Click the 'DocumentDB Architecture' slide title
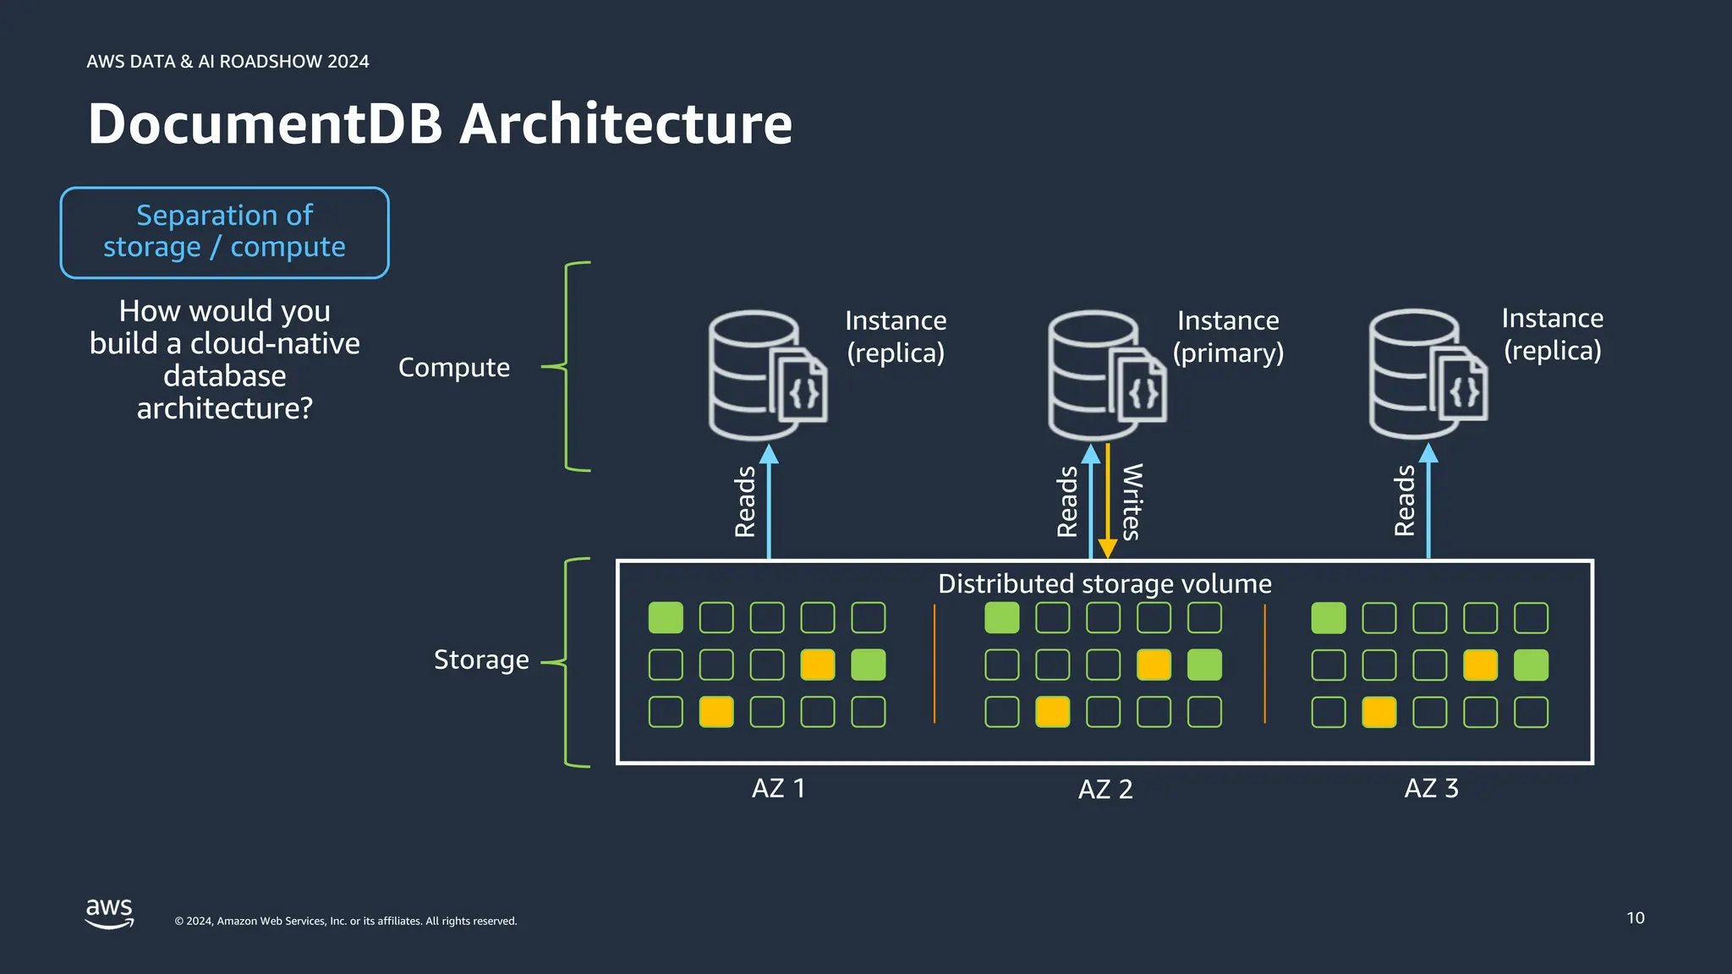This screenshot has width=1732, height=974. tap(440, 124)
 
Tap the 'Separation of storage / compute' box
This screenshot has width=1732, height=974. tap(224, 232)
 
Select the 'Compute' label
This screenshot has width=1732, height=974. tap(454, 367)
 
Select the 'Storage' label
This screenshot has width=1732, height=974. tap(481, 659)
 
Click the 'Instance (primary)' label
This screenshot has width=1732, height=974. tap(1228, 337)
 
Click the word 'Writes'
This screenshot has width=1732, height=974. tap(1132, 501)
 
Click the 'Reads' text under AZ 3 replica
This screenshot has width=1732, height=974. tap(1405, 501)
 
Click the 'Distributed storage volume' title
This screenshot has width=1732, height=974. tap(1104, 583)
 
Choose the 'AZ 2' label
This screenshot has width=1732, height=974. tap(1104, 789)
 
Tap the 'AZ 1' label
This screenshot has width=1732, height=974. tap(778, 788)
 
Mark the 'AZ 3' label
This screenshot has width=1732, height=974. tap(1431, 788)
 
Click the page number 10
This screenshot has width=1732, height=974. tap(1635, 917)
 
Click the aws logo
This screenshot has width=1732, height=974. tap(109, 913)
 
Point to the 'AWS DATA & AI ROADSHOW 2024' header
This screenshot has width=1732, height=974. tap(227, 62)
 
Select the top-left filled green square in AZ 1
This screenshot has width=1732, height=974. tap(666, 618)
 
